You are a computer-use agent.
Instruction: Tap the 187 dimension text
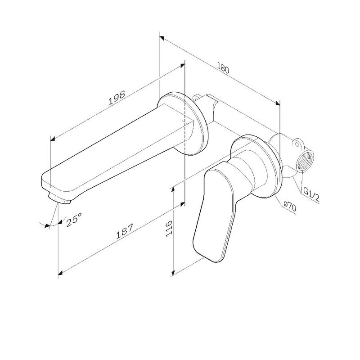coord(125,234)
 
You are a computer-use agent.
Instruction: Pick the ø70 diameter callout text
coord(289,207)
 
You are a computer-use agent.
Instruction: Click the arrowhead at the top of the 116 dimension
coord(174,189)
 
